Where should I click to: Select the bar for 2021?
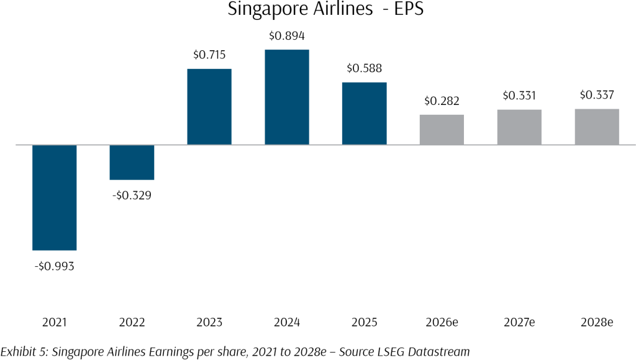click(55, 197)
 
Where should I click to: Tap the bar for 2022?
click(132, 162)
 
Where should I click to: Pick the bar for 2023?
click(209, 107)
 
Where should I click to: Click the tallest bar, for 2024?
click(287, 97)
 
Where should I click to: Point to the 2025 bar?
click(365, 114)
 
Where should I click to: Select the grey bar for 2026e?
click(442, 130)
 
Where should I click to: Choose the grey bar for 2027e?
click(519, 127)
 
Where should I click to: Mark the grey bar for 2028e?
click(597, 127)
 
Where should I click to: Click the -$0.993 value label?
click(55, 266)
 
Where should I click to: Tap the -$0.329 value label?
click(132, 196)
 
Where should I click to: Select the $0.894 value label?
click(287, 35)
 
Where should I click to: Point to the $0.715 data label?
click(209, 55)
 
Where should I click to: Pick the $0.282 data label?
click(442, 101)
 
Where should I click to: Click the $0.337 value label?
click(597, 95)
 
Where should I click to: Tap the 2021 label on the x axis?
click(55, 323)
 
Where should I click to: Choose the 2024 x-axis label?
click(287, 323)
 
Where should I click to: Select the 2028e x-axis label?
click(597, 323)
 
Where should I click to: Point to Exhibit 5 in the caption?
click(22, 351)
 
